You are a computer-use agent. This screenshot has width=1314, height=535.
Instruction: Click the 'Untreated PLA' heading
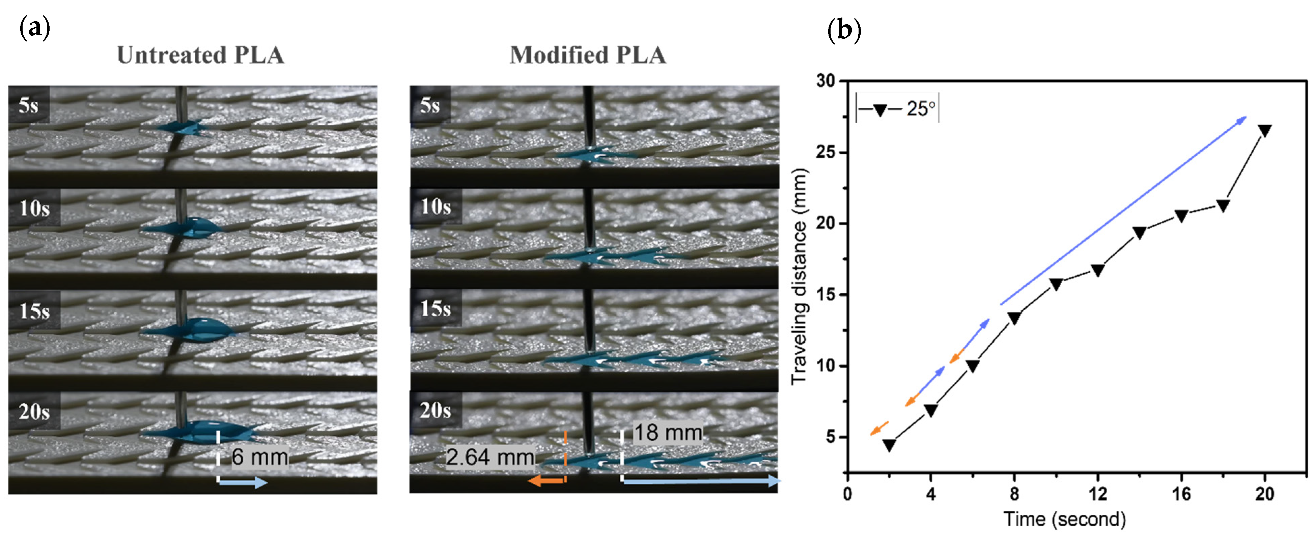(200, 55)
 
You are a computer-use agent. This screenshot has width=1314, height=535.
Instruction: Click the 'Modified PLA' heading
(588, 55)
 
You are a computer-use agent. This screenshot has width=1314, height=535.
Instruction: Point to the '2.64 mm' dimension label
(490, 457)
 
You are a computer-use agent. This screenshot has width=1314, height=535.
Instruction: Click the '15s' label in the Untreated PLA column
(34, 310)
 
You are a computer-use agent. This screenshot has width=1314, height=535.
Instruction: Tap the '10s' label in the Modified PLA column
(436, 207)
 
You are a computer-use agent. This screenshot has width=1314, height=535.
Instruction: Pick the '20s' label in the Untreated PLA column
(34, 411)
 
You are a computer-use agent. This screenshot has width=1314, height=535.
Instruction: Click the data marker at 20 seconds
(1264, 130)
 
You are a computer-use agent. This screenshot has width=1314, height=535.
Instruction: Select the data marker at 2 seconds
(889, 445)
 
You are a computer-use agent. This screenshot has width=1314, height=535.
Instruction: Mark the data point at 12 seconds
(1098, 270)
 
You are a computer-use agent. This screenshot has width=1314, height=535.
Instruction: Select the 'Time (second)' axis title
(1065, 519)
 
